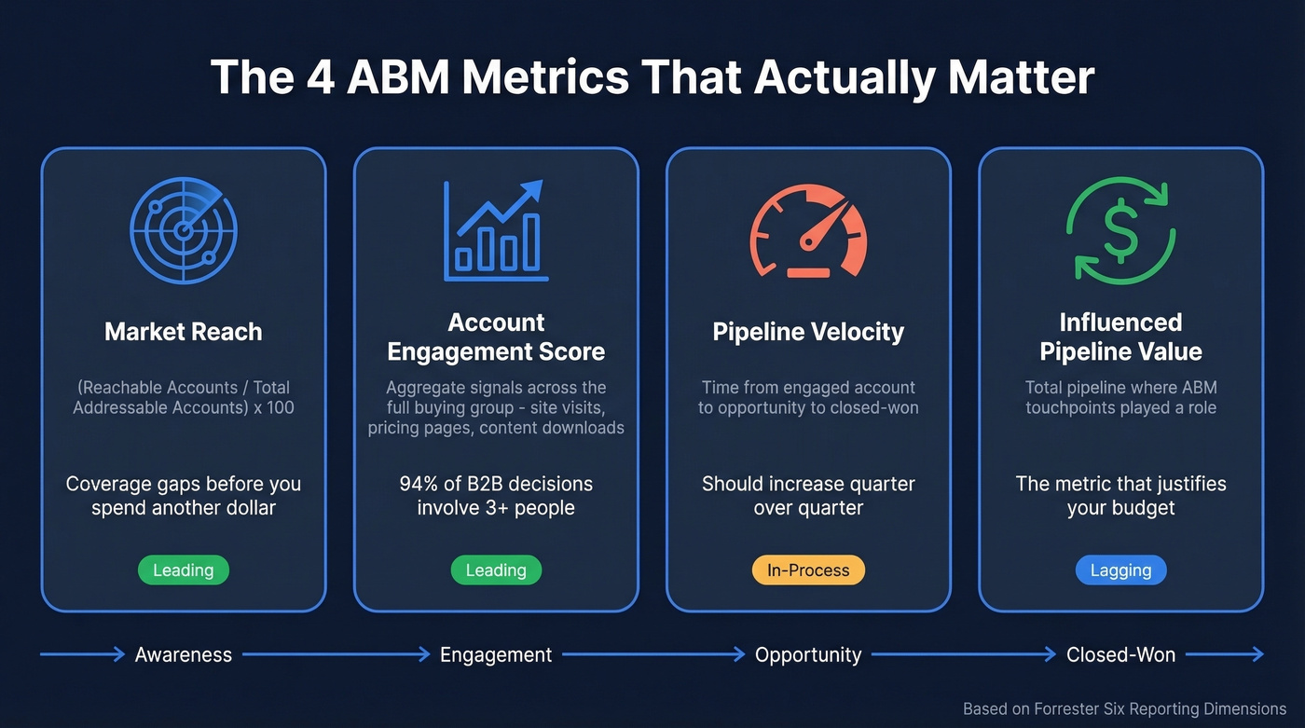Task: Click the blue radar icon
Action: click(x=184, y=229)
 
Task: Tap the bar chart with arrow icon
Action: click(x=496, y=231)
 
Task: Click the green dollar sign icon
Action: click(x=1120, y=231)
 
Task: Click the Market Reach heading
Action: click(x=184, y=332)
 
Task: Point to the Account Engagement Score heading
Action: click(x=496, y=337)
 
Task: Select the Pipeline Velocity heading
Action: click(x=808, y=333)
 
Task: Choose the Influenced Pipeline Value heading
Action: click(x=1120, y=337)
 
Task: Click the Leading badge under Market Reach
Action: click(x=184, y=570)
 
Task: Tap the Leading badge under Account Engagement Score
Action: click(x=496, y=570)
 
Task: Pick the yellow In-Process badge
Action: click(x=808, y=570)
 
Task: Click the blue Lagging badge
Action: click(x=1120, y=570)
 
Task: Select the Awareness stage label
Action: click(x=184, y=654)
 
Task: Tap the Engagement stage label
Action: click(x=496, y=654)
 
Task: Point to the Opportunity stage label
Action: click(x=808, y=654)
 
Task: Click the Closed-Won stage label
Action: click(x=1120, y=654)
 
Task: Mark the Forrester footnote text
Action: click(x=1124, y=708)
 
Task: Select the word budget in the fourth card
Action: click(x=1138, y=508)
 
